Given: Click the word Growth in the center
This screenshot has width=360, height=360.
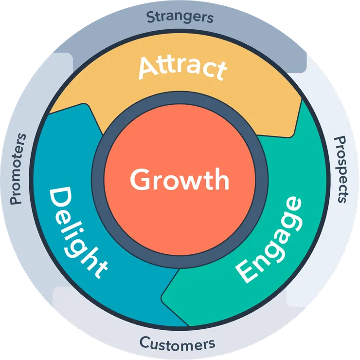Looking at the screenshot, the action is (180, 179).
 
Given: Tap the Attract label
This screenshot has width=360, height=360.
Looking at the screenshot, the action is (183, 68).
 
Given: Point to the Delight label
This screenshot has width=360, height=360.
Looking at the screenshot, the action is (78, 232).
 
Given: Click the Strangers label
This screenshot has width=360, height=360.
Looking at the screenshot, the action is (180, 17).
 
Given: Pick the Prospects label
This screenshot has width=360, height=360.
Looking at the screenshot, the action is (342, 170).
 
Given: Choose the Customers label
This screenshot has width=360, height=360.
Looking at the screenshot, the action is (177, 344).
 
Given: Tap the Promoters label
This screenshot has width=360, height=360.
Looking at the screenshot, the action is (18, 169).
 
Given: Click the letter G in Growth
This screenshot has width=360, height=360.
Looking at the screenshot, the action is (140, 179).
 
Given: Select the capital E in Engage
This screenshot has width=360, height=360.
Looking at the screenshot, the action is (245, 271).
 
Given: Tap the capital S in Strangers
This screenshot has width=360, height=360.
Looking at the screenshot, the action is (151, 17).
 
